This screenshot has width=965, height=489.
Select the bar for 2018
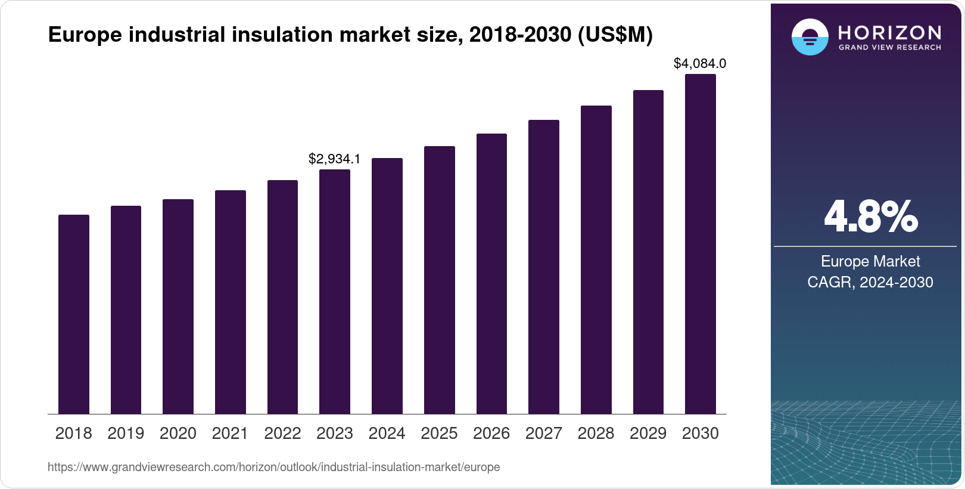(x=74, y=314)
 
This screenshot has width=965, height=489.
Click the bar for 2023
(x=335, y=292)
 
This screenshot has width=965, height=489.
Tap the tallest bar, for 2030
(x=701, y=244)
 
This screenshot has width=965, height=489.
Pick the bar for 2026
(x=491, y=274)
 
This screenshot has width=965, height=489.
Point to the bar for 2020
(x=178, y=307)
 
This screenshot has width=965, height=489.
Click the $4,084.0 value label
(x=700, y=63)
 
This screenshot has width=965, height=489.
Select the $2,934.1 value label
(x=334, y=159)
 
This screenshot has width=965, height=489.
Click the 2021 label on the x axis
(x=230, y=434)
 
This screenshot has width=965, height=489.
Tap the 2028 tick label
(x=596, y=434)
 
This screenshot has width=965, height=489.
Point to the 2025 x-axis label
(x=439, y=434)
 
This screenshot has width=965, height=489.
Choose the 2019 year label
(x=126, y=434)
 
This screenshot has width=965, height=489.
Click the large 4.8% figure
(x=870, y=217)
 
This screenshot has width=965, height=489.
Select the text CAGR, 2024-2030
(x=870, y=282)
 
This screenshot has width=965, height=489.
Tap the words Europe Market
(x=870, y=261)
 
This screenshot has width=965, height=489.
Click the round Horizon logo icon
(x=810, y=37)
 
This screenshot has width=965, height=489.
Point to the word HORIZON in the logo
(x=889, y=32)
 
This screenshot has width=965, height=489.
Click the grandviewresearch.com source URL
(x=273, y=467)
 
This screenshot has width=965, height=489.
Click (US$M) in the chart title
(x=615, y=35)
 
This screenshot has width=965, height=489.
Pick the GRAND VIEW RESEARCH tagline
(x=889, y=47)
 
